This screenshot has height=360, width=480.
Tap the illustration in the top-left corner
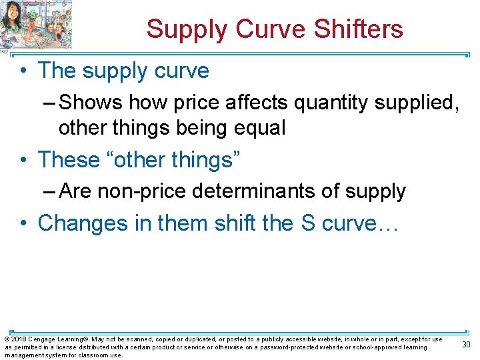tap(36, 25)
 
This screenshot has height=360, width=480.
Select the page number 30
tap(467, 344)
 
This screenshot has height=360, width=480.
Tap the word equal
tap(257, 127)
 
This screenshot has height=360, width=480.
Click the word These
tap(69, 160)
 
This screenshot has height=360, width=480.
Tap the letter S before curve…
tap(308, 223)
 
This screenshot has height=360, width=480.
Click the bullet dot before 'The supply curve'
tap(24, 71)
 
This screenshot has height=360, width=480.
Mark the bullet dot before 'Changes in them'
tap(24, 223)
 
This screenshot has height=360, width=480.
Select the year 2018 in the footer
tap(19, 339)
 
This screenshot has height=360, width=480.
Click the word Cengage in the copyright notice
tap(45, 339)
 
